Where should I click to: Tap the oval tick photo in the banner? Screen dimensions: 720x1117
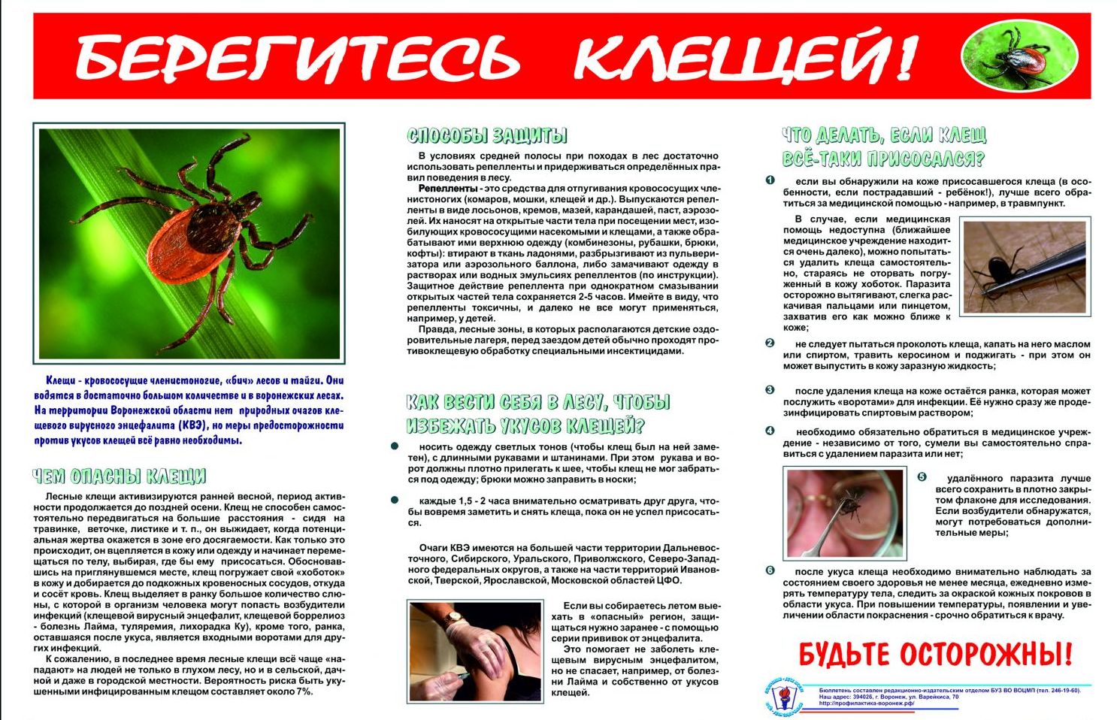tap(1019, 56)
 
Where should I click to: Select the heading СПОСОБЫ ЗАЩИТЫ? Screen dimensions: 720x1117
tap(486, 135)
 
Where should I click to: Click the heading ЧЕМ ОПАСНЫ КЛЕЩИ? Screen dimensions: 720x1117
tap(119, 476)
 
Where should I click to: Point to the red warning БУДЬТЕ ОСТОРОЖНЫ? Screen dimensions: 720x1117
tap(935, 654)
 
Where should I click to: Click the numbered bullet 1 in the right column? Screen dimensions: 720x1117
tap(770, 181)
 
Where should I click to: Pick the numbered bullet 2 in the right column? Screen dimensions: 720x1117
tap(770, 343)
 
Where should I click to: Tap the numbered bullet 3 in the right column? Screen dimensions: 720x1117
tap(770, 391)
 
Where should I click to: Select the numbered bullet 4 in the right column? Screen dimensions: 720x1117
tap(770, 431)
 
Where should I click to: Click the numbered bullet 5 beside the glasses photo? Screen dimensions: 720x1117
tap(922, 478)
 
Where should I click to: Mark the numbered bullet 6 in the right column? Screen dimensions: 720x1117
tap(770, 571)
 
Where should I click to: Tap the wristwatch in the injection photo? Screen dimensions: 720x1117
tap(452, 618)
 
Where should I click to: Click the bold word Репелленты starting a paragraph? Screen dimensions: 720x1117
tap(448, 188)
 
